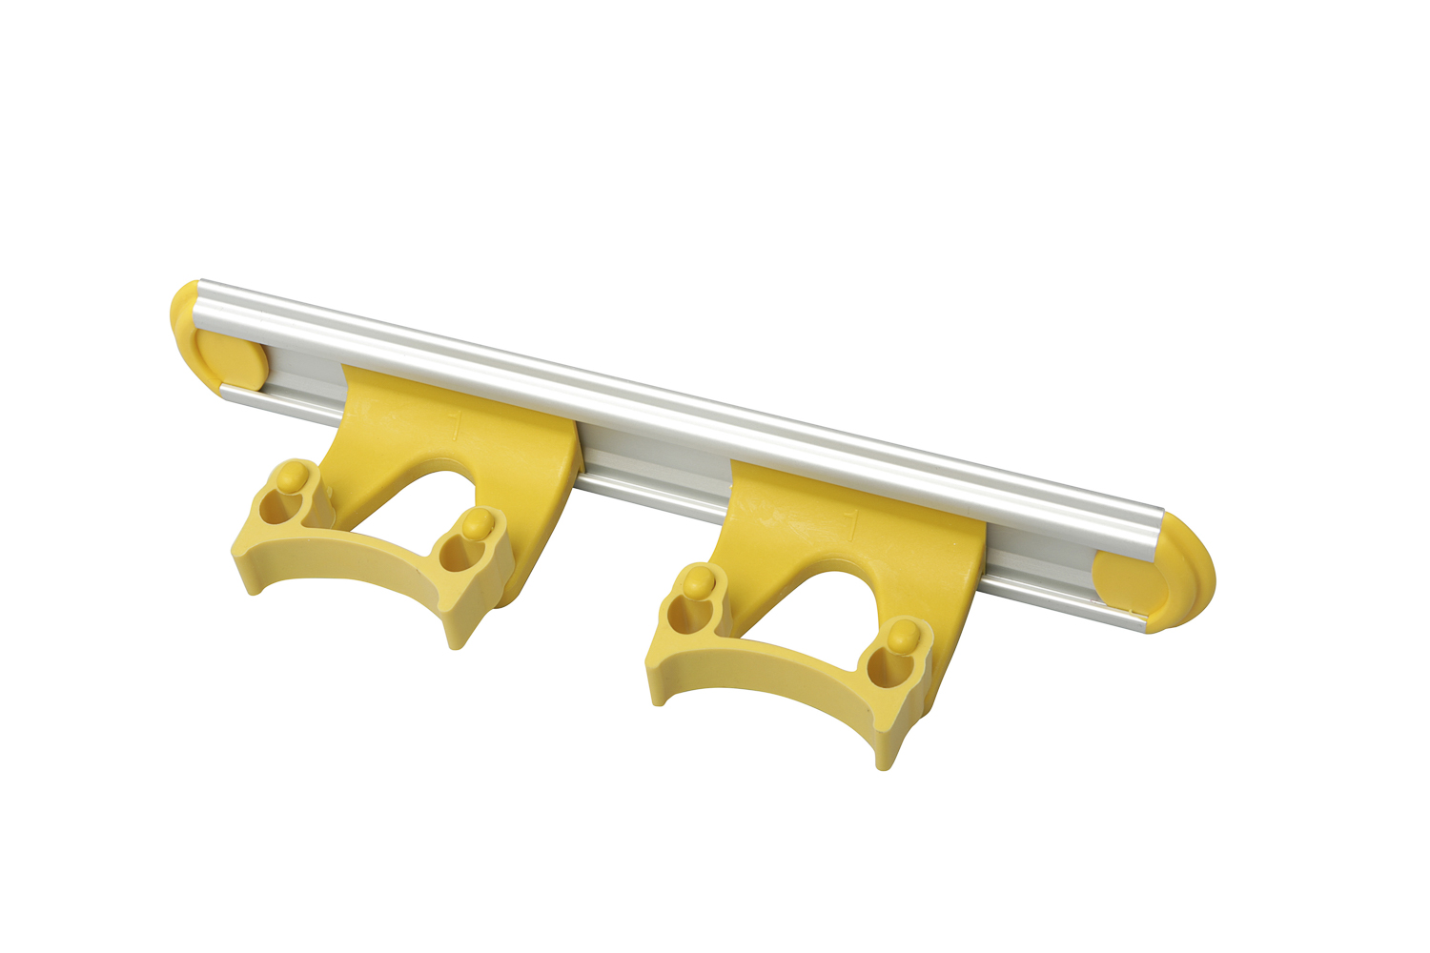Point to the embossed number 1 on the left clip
point(456,425)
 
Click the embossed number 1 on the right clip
point(851,524)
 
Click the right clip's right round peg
point(901,633)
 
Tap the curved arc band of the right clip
point(763,667)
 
